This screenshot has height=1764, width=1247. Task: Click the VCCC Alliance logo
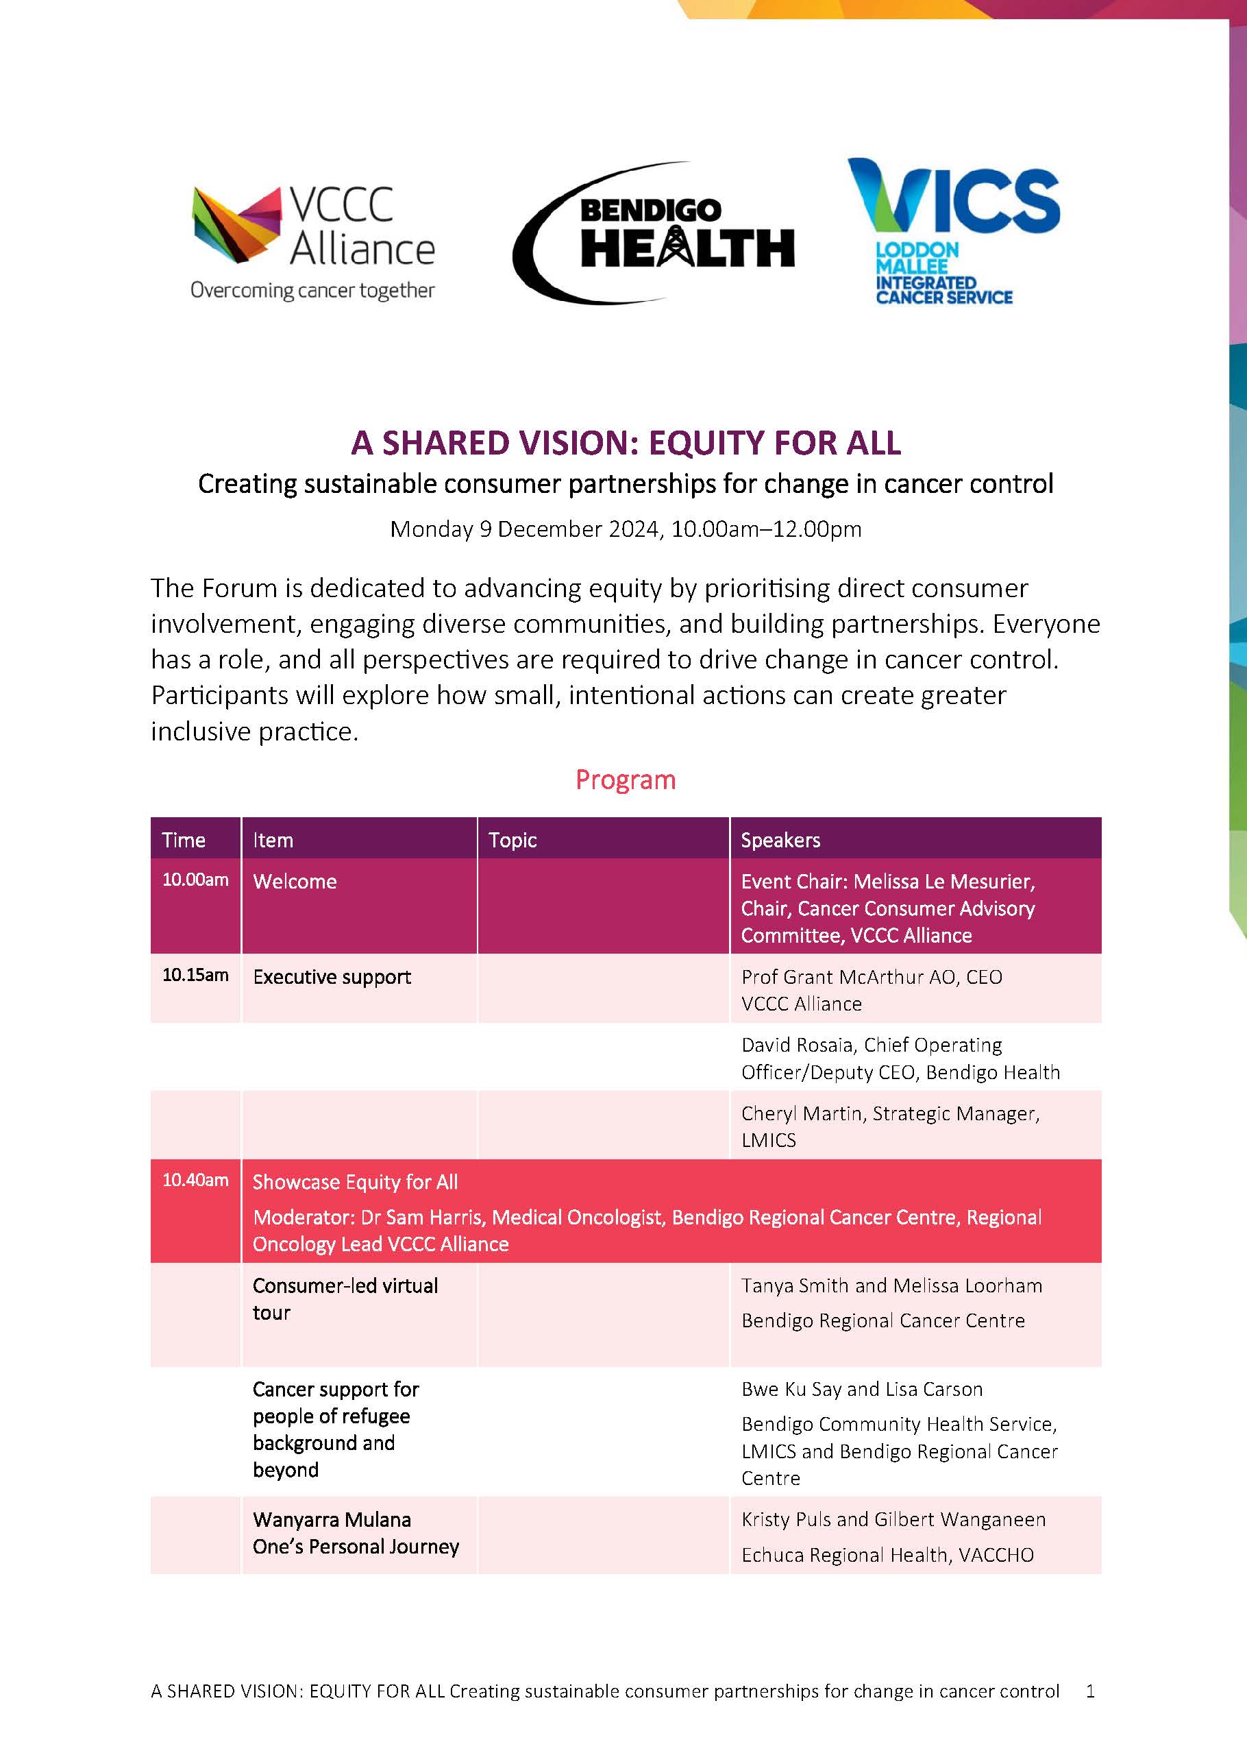313,242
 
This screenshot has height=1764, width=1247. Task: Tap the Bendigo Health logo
654,233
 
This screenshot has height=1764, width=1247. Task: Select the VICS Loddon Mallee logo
953,231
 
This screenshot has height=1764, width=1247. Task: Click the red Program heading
626,779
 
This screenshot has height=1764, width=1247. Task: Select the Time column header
184,840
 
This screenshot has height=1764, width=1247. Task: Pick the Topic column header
513,840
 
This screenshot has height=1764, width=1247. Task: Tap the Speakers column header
780,840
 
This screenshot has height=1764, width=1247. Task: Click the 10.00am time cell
195,880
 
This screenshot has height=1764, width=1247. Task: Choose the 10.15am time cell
195,975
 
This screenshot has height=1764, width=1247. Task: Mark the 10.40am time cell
195,1180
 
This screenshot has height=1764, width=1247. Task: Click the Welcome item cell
295,881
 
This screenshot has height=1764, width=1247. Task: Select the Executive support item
332,976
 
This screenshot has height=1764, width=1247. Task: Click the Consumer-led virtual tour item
345,1298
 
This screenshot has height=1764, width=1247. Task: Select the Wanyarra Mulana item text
332,1520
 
